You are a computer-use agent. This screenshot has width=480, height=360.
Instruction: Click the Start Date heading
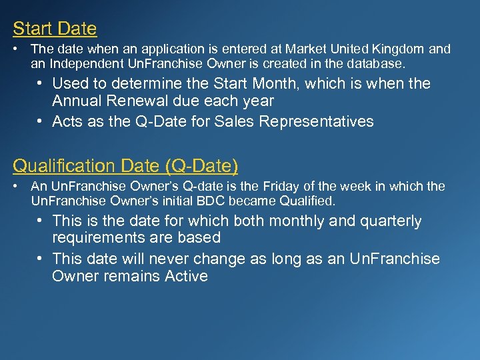pos(55,29)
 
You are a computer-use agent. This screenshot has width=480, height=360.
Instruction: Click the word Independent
pos(83,64)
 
